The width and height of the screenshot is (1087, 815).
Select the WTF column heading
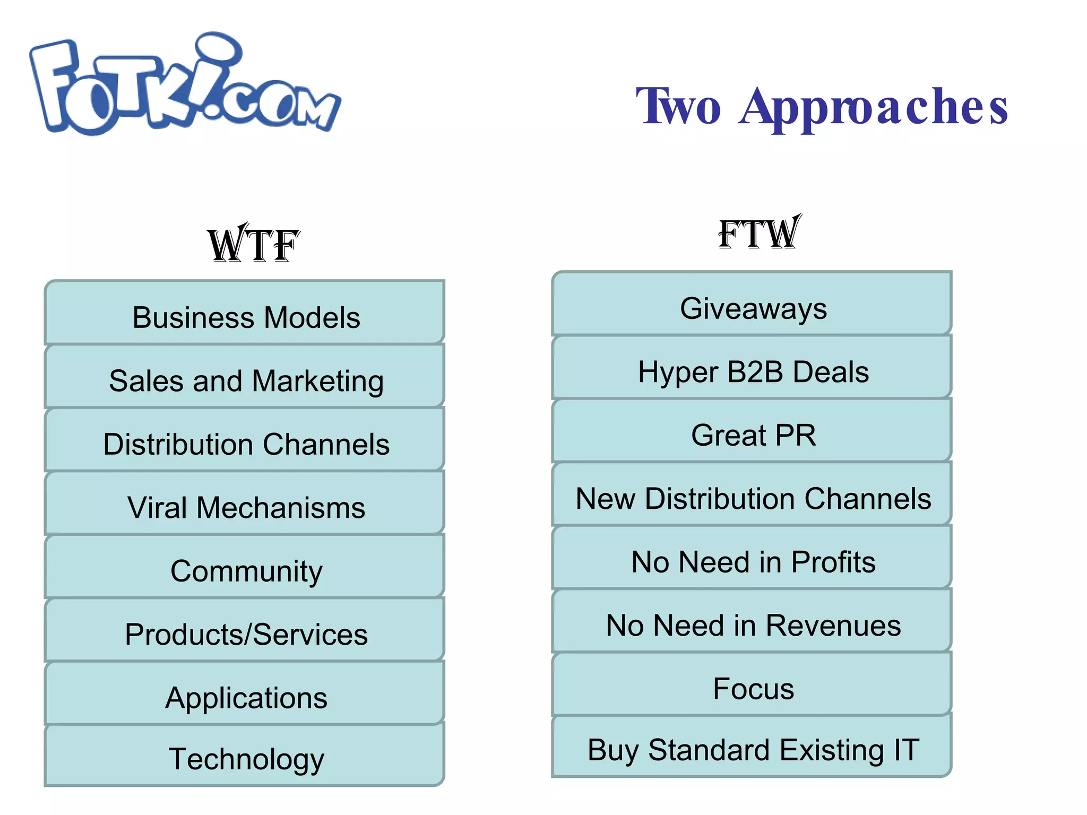click(x=254, y=245)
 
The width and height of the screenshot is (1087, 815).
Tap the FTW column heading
click(x=759, y=233)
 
